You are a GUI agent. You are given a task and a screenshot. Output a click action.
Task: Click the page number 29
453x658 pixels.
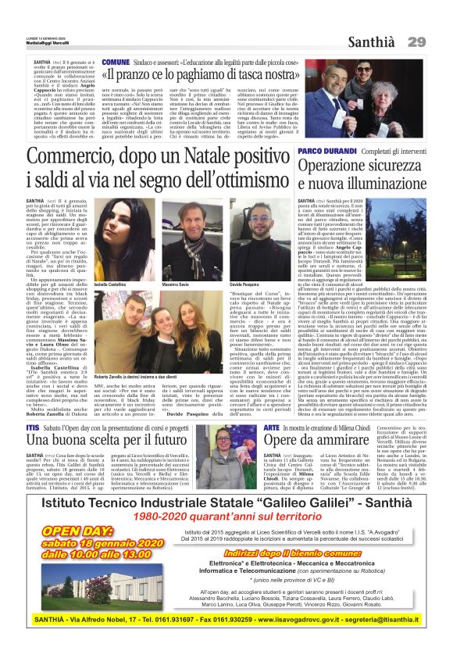click(416, 41)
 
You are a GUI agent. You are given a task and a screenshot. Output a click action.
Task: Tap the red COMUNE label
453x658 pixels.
click(115, 61)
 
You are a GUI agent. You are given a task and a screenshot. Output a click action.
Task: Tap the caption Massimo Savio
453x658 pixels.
click(175, 285)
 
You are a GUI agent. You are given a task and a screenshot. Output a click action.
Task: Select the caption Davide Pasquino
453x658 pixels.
click(244, 285)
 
